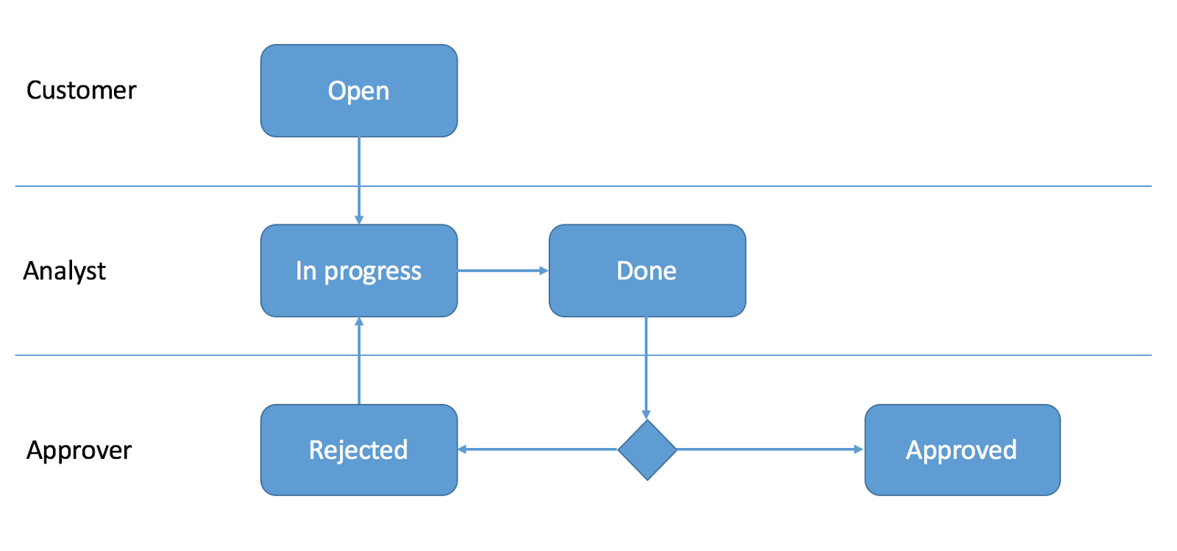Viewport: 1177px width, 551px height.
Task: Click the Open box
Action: pyautogui.click(x=359, y=91)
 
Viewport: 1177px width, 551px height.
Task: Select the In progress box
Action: pyautogui.click(x=359, y=271)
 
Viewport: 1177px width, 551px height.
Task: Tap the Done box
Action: pyautogui.click(x=647, y=271)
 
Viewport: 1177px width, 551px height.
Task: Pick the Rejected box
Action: pyautogui.click(x=359, y=449)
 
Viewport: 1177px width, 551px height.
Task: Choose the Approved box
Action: pyautogui.click(x=963, y=449)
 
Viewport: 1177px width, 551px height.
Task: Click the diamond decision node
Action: pyautogui.click(x=647, y=449)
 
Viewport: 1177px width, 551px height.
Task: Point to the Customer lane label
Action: pyautogui.click(x=82, y=90)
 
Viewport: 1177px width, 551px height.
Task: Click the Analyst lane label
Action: pyautogui.click(x=64, y=271)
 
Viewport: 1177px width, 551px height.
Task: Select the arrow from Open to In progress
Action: pyautogui.click(x=359, y=181)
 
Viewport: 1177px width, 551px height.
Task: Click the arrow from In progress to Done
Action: pyautogui.click(x=503, y=271)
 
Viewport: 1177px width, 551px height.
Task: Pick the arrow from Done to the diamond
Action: pyautogui.click(x=647, y=368)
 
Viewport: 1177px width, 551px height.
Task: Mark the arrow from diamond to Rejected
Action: pyautogui.click(x=538, y=449)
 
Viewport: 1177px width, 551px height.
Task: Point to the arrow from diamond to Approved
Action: pyautogui.click(x=771, y=449)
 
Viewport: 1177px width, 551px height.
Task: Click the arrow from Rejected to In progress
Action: pyautogui.click(x=359, y=360)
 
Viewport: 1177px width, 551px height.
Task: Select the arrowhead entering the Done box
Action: pyautogui.click(x=544, y=271)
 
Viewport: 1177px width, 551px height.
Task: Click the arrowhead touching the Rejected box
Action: pyautogui.click(x=463, y=449)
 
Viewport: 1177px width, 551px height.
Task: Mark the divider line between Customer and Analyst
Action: pyautogui.click(x=583, y=186)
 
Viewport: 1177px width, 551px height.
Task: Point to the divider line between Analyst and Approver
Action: pyautogui.click(x=583, y=355)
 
